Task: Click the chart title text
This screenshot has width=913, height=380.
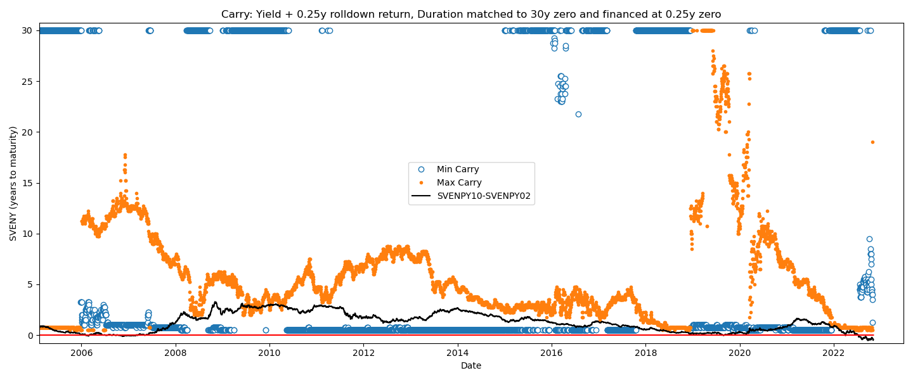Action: click(471, 14)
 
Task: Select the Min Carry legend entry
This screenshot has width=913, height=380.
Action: click(457, 170)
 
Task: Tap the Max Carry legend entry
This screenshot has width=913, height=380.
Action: click(458, 183)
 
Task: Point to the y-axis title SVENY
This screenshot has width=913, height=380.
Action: click(13, 183)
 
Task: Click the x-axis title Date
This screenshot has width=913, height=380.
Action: click(471, 365)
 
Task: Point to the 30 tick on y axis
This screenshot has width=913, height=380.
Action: click(29, 30)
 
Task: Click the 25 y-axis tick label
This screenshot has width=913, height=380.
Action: click(29, 81)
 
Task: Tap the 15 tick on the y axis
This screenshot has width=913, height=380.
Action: click(29, 183)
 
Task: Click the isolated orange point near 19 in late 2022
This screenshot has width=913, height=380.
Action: click(872, 142)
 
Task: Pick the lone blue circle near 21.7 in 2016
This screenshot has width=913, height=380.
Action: click(578, 115)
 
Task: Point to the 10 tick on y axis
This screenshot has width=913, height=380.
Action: click(29, 234)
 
